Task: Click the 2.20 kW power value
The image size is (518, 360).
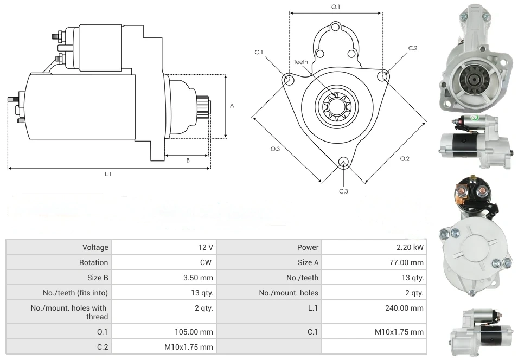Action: (410, 247)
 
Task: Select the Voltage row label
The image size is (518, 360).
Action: (95, 247)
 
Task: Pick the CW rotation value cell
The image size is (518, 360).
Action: (207, 262)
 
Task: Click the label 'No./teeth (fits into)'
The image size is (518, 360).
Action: (76, 293)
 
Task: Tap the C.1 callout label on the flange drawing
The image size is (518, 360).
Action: (259, 52)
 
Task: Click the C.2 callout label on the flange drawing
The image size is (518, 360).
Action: (413, 48)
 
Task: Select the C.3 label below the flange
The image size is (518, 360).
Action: (343, 191)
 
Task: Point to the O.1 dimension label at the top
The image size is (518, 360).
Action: (336, 7)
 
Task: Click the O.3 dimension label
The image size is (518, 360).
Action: (275, 149)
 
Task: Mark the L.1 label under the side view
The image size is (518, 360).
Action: (108, 173)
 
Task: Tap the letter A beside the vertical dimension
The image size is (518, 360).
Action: (232, 106)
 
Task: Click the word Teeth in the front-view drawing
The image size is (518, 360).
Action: (301, 62)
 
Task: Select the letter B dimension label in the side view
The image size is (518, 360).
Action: (188, 160)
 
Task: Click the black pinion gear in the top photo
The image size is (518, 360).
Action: (471, 80)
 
